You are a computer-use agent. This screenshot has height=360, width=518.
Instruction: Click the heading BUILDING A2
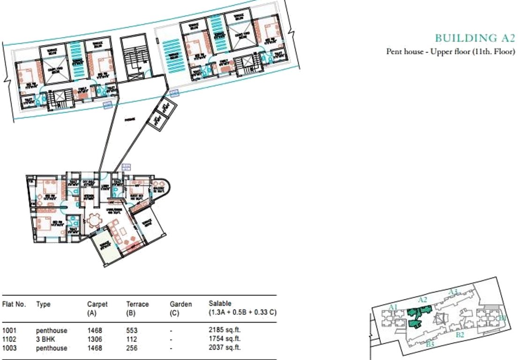(474, 38)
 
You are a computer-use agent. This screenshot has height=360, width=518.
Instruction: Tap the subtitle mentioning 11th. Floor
(450, 52)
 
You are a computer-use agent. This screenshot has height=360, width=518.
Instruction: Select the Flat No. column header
(14, 304)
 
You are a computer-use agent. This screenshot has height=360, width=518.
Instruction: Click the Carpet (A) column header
(97, 308)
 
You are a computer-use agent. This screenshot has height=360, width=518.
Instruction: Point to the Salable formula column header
(242, 308)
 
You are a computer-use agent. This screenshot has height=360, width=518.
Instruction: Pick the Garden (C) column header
(180, 308)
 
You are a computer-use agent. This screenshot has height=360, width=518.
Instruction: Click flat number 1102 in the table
(9, 339)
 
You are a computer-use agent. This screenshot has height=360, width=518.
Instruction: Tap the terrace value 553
(132, 331)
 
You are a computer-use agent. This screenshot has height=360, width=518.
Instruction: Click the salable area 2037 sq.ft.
(224, 347)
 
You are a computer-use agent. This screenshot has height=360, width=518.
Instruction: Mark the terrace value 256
(132, 347)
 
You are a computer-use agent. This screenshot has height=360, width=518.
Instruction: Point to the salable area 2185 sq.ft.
(224, 331)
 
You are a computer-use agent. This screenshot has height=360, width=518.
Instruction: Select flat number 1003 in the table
(9, 347)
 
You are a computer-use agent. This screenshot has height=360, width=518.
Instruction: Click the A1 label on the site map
(393, 307)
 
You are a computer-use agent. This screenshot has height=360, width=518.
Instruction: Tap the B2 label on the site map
(460, 335)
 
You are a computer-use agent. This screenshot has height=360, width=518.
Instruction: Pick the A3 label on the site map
(452, 292)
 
